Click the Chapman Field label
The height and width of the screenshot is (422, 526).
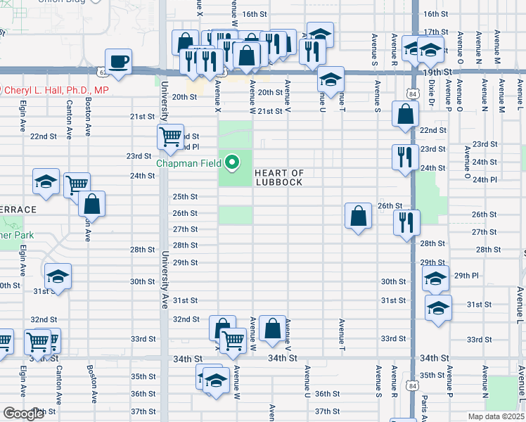(x=188, y=165)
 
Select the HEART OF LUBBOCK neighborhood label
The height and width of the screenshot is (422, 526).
(x=278, y=177)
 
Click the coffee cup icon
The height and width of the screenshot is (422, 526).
(x=119, y=60)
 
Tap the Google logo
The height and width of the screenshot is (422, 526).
(x=23, y=414)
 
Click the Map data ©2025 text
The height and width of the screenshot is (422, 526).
(x=495, y=416)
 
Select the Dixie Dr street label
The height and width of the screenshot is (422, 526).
(x=432, y=101)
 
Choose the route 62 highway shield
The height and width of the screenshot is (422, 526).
(x=103, y=71)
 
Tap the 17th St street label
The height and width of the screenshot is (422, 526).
(x=436, y=32)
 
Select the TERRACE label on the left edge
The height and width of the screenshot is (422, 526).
(x=17, y=210)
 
